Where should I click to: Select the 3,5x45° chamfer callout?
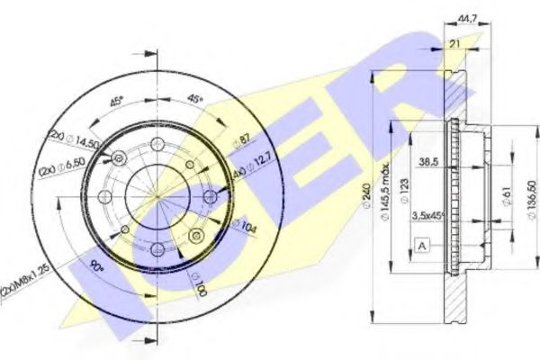click(x=429, y=216)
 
